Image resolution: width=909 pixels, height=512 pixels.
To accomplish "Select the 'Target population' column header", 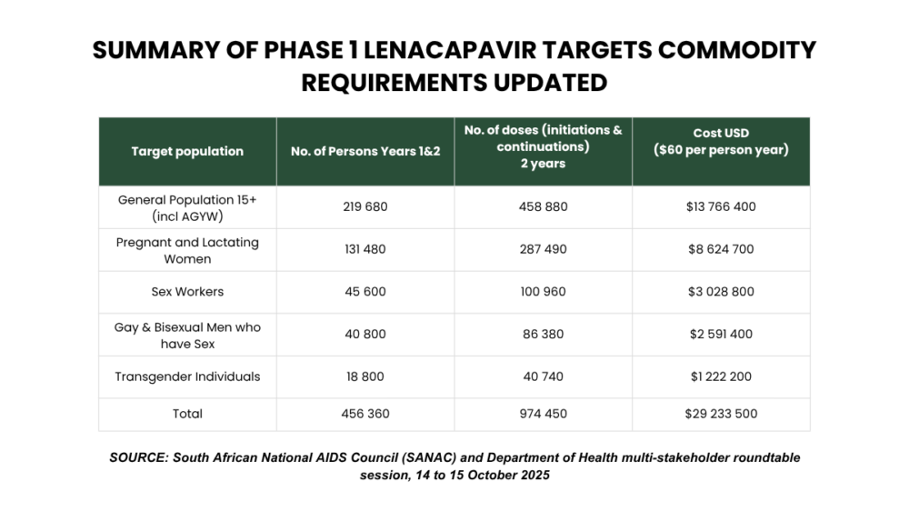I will (x=187, y=151).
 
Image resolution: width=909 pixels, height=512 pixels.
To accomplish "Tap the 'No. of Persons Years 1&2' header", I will (x=365, y=151).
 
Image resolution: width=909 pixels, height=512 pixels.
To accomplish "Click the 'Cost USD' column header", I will (x=721, y=133).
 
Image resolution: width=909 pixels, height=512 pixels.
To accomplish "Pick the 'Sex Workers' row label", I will (x=187, y=292).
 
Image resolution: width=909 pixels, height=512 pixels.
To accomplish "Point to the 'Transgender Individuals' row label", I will (x=187, y=376).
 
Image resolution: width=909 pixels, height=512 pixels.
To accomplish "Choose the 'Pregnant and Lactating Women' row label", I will (x=187, y=250).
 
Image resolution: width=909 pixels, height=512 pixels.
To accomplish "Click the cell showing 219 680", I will (x=365, y=206).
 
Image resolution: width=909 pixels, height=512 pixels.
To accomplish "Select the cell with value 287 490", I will (x=543, y=249).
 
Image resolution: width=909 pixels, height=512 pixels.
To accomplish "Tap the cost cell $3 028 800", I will (x=721, y=292).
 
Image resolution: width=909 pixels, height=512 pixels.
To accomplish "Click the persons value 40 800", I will (x=365, y=334).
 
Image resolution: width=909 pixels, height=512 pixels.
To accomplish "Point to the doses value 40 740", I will (x=543, y=376).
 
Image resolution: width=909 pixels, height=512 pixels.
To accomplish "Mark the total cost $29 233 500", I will (x=721, y=414).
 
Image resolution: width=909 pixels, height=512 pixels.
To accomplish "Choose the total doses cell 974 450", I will (x=543, y=414).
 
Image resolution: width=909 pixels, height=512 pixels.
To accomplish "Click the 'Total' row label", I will (x=187, y=414).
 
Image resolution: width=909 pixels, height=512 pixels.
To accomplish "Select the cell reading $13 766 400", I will (x=721, y=206).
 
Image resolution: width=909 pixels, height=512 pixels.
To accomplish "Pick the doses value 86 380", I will (x=543, y=334).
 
